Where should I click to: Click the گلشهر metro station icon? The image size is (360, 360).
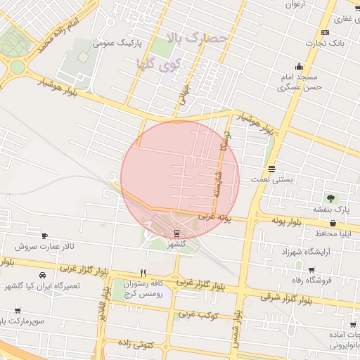(176, 233)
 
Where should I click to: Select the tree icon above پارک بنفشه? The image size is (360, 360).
(330, 198)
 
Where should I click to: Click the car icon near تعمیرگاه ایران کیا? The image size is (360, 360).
(44, 275)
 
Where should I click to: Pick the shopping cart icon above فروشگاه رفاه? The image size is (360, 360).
(311, 269)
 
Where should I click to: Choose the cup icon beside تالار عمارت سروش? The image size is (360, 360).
(45, 236)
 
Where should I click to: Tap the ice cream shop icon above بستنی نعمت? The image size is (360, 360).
(271, 169)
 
